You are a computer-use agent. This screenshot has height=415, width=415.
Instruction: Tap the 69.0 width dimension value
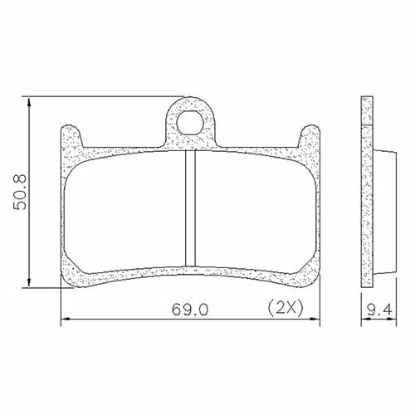[x=190, y=309]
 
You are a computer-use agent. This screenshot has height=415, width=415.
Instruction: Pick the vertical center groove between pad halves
[x=189, y=207]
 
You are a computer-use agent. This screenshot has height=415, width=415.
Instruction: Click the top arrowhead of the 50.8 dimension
[x=31, y=102]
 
